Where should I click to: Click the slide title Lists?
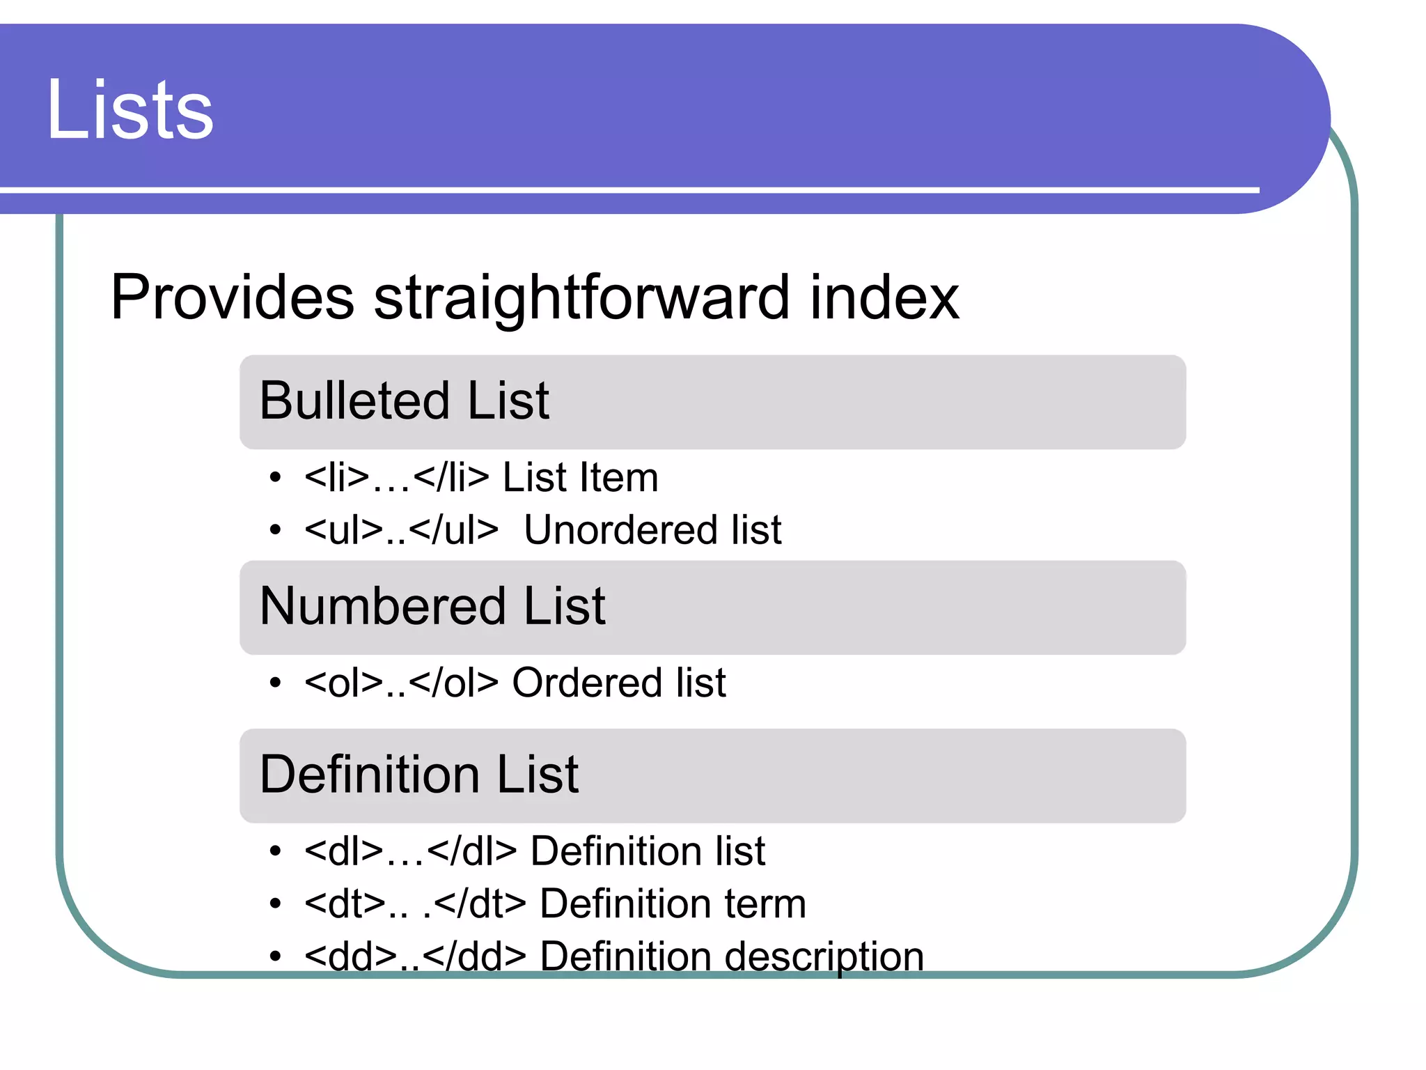[x=130, y=110]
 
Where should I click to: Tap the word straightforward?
[x=581, y=297]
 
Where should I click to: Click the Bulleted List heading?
[x=404, y=401]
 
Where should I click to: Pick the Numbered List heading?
[x=432, y=606]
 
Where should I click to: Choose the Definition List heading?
[x=418, y=775]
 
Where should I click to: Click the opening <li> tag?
[x=337, y=478]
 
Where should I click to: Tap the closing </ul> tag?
[x=454, y=530]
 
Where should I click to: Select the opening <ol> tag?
[x=344, y=683]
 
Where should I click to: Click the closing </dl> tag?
[x=472, y=851]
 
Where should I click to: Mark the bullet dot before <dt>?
[x=276, y=904]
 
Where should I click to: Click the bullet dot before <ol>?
[x=276, y=683]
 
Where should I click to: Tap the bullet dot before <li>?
[x=276, y=478]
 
